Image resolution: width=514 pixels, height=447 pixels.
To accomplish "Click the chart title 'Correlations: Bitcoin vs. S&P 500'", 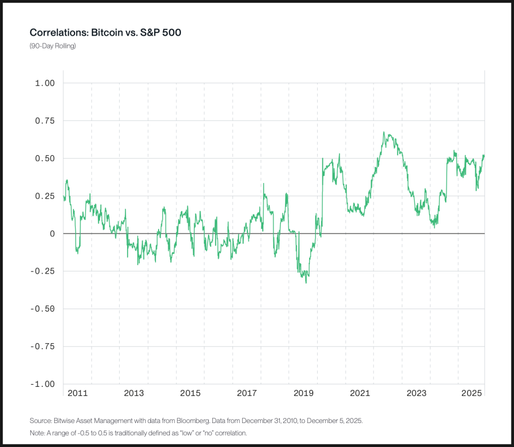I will (x=106, y=33).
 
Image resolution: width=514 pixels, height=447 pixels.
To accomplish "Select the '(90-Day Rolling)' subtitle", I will (x=53, y=46).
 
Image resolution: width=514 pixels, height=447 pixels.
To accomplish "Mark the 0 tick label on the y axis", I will (x=53, y=234).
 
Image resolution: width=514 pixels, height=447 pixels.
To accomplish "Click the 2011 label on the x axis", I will (x=78, y=393).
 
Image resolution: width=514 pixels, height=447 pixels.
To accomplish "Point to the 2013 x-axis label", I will (x=134, y=393).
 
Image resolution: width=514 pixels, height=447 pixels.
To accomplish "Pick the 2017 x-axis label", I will (x=247, y=393).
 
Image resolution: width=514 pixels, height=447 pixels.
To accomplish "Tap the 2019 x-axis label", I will (x=303, y=393).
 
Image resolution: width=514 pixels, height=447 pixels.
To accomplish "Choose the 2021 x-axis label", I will (x=360, y=393).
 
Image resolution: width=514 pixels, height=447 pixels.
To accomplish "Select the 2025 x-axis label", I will (x=472, y=393).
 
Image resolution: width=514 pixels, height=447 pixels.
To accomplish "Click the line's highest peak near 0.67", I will (x=384, y=133).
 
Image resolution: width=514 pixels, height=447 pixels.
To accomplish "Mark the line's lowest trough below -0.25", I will (x=306, y=283).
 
